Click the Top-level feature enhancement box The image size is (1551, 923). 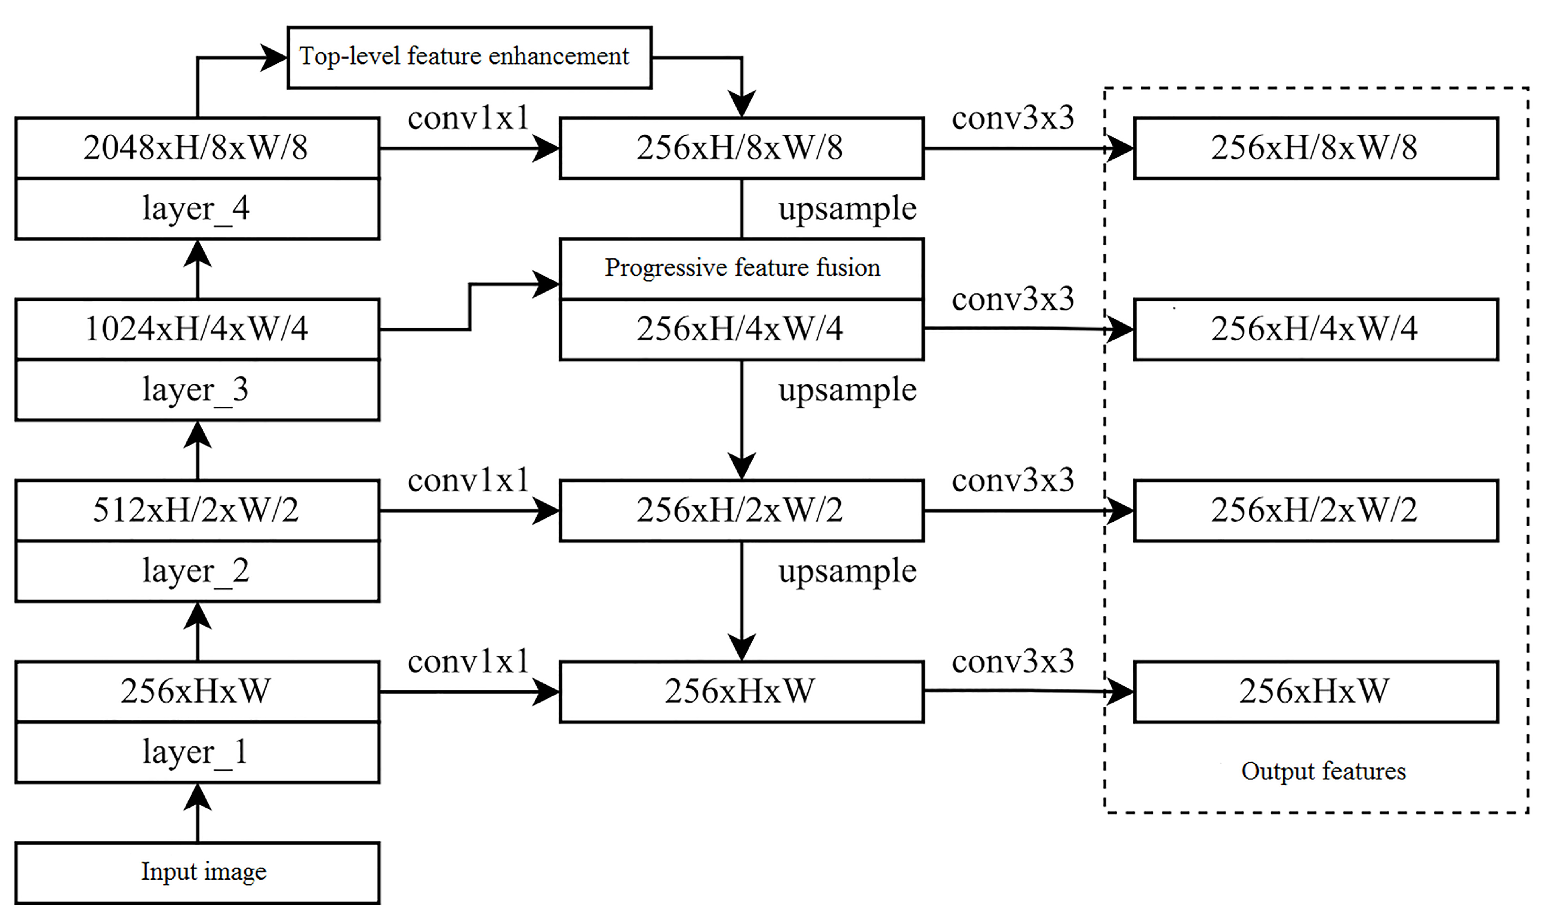point(469,57)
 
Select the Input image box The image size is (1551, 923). point(197,873)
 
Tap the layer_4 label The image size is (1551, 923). point(197,209)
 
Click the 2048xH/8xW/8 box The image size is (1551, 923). point(197,148)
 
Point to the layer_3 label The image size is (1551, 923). point(197,390)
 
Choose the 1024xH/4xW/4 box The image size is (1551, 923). point(197,329)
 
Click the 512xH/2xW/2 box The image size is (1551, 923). point(197,510)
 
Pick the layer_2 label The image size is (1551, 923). point(197,571)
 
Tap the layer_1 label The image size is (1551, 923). point(197,752)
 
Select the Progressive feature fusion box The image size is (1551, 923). point(741,269)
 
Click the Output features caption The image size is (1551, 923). point(1323,771)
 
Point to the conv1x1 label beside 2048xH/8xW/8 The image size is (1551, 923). point(468,118)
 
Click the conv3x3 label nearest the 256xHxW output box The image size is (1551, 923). point(1013,661)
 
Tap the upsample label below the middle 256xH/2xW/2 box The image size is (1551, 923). point(847,571)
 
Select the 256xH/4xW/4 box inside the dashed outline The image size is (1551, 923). point(1315,329)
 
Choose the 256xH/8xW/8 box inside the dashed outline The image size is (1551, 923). point(1315,148)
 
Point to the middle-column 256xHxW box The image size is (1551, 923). point(741,691)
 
